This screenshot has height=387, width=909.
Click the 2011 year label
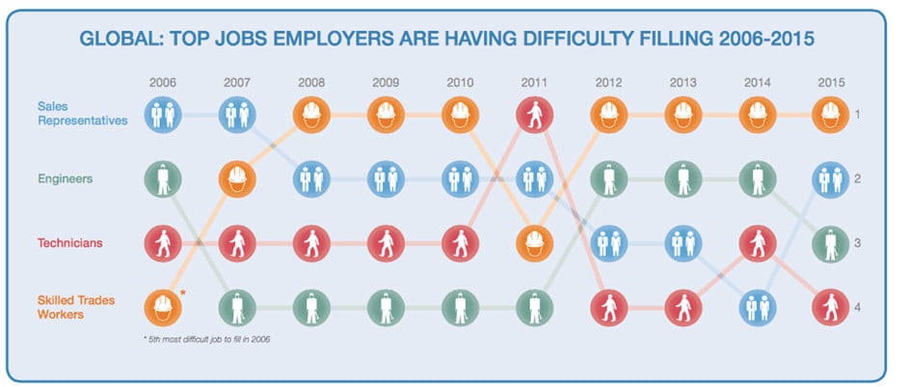(534, 82)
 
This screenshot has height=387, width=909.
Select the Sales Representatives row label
(82, 114)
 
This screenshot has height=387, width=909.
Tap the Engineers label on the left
(65, 179)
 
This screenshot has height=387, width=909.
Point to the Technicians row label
(69, 242)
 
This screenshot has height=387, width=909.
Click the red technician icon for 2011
(534, 115)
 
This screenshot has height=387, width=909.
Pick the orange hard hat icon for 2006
(163, 308)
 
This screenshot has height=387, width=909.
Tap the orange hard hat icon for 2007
(237, 179)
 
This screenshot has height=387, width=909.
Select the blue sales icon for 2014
(757, 308)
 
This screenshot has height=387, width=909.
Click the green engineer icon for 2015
(831, 243)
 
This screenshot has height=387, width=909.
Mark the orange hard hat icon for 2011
(534, 243)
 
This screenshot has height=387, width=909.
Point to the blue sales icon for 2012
(608, 243)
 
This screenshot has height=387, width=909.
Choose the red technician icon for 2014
(757, 243)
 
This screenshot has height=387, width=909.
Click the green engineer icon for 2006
(163, 179)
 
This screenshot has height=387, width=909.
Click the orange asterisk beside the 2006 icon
(184, 293)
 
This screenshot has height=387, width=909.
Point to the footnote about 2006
(207, 340)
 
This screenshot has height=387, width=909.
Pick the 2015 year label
(831, 82)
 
